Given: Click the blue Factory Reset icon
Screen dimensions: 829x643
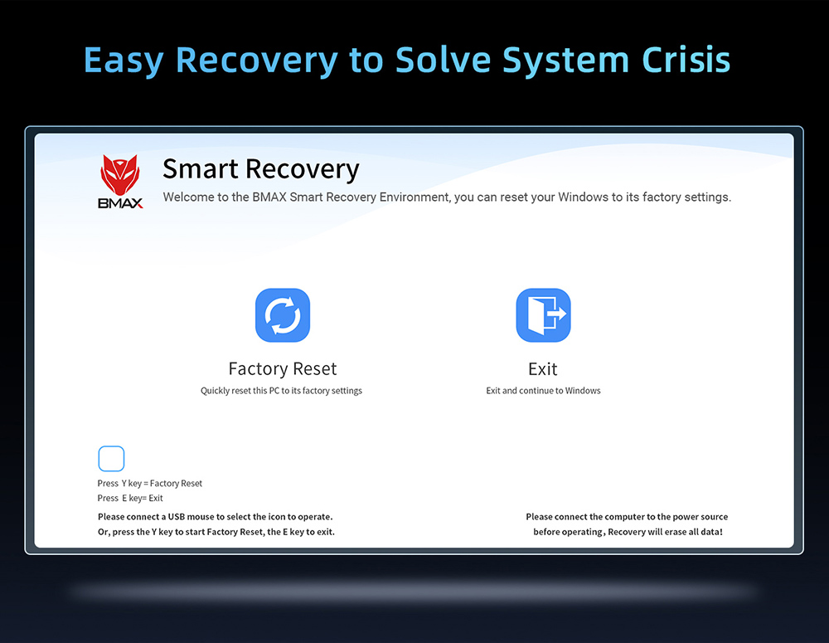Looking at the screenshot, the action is (x=283, y=315).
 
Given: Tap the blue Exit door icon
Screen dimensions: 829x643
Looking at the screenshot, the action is (x=543, y=315).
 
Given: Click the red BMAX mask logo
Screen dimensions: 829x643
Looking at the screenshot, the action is (x=120, y=174).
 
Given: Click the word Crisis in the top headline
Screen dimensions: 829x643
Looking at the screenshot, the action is (x=686, y=59).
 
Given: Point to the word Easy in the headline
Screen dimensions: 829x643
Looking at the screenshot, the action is (x=124, y=61).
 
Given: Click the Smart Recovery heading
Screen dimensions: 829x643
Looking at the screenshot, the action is (x=260, y=169).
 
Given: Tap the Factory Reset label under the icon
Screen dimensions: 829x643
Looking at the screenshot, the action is (x=283, y=368).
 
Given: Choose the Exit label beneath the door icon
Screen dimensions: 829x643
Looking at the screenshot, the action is (x=543, y=369).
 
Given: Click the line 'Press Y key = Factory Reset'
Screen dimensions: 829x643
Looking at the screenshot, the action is (x=149, y=483).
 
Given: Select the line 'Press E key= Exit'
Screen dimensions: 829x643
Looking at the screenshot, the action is (x=130, y=498).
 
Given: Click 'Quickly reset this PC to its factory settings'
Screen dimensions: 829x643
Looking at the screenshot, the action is (x=281, y=391).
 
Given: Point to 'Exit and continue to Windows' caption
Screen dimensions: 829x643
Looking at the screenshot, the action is (x=543, y=391).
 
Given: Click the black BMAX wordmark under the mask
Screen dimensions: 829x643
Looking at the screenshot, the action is (x=120, y=203).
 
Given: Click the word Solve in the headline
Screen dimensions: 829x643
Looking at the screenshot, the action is (x=443, y=59).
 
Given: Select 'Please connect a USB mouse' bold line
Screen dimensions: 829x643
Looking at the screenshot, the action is (x=216, y=517).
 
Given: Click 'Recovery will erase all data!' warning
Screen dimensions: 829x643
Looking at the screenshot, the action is (x=665, y=532).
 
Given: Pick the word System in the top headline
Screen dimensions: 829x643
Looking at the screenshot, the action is (x=565, y=61).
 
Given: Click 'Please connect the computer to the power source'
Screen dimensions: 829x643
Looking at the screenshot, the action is (x=627, y=517).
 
